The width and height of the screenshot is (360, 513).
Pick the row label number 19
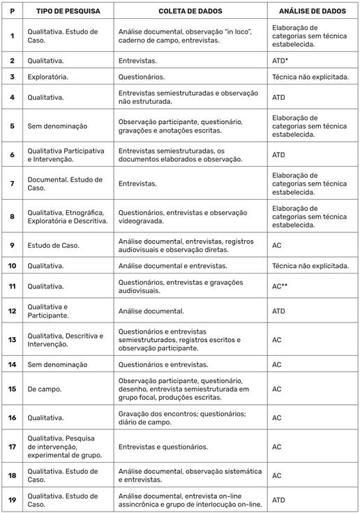coord(12,499)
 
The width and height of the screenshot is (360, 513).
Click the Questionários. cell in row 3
coord(142,77)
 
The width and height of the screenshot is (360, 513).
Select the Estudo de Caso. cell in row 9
coord(53,245)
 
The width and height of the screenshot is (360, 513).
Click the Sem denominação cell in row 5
coord(57,126)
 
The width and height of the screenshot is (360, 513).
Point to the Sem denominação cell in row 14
coord(57,364)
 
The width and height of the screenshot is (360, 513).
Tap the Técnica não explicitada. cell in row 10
coord(310,265)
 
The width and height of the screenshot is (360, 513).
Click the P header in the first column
coord(12,13)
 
